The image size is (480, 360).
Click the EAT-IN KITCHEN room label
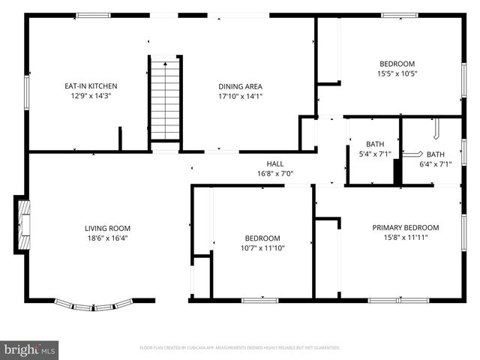click(x=91, y=86)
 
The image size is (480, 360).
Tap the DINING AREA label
click(x=240, y=86)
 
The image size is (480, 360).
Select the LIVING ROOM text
click(x=107, y=229)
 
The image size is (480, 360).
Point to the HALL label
click(x=275, y=163)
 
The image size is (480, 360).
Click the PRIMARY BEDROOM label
click(x=406, y=227)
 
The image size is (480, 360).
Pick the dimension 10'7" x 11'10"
click(x=262, y=248)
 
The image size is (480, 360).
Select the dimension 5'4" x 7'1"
click(x=374, y=154)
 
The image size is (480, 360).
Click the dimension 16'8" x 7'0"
click(x=275, y=173)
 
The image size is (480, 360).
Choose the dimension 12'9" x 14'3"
click(x=91, y=96)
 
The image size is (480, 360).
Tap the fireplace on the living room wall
click(x=22, y=223)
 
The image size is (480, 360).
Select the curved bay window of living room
click(x=94, y=304)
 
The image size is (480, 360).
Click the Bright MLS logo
click(x=30, y=349)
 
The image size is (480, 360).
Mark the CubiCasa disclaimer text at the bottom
click(x=240, y=348)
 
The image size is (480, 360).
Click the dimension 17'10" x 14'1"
click(x=240, y=96)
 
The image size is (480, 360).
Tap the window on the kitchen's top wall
click(x=93, y=15)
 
